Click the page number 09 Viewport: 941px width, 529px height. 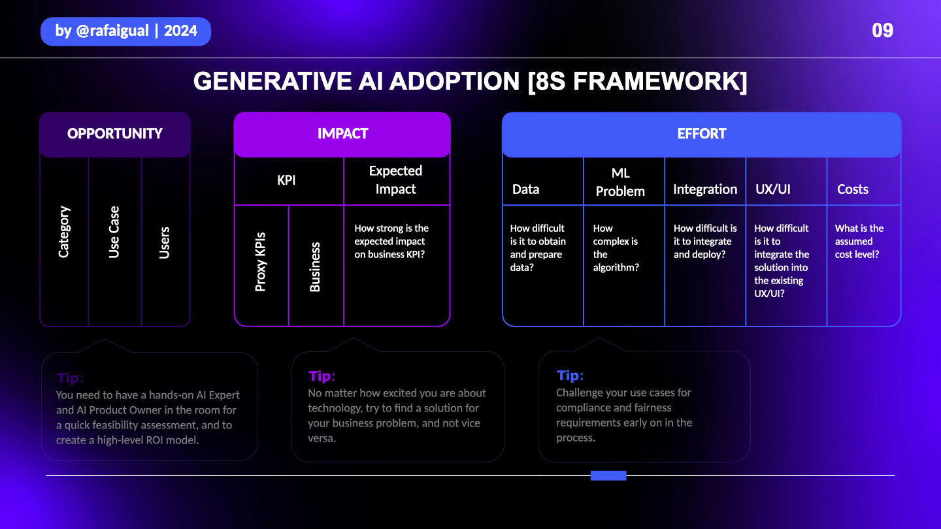(x=882, y=31)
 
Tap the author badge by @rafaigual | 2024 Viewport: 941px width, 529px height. (x=126, y=31)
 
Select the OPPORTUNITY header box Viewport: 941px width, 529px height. (x=115, y=134)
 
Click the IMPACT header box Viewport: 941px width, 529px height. (x=342, y=134)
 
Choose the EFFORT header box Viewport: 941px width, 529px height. (x=702, y=134)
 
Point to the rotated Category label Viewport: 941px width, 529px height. (x=64, y=232)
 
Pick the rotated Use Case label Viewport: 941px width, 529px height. (x=114, y=232)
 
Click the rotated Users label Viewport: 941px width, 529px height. (x=165, y=242)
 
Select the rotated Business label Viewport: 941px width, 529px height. (x=315, y=266)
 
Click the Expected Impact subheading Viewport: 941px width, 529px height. (x=395, y=180)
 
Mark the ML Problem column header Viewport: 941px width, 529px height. (x=620, y=182)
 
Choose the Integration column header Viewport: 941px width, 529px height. (x=705, y=189)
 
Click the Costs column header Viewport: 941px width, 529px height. (x=853, y=189)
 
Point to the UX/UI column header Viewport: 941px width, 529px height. (x=772, y=189)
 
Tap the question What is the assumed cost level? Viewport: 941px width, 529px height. (x=859, y=241)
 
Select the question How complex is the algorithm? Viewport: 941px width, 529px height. (x=616, y=248)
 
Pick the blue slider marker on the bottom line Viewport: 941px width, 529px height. (x=608, y=475)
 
